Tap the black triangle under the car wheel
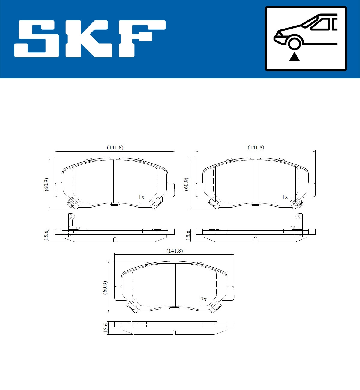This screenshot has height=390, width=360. coord(294,56)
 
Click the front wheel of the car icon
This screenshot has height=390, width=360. coord(294,43)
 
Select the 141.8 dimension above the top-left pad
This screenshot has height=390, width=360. coord(115,147)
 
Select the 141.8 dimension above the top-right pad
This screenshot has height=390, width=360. coord(256,147)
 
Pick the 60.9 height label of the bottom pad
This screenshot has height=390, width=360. coord(105,288)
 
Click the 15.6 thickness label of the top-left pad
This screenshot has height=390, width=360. coord(46,235)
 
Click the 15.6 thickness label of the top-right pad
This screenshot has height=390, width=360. coord(188,235)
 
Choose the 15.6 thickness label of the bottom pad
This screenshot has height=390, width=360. coord(105,328)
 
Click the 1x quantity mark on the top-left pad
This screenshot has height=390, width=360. coord(141,197)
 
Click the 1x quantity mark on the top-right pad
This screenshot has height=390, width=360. coord(285,197)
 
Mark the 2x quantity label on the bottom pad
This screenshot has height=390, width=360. coord(203,300)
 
